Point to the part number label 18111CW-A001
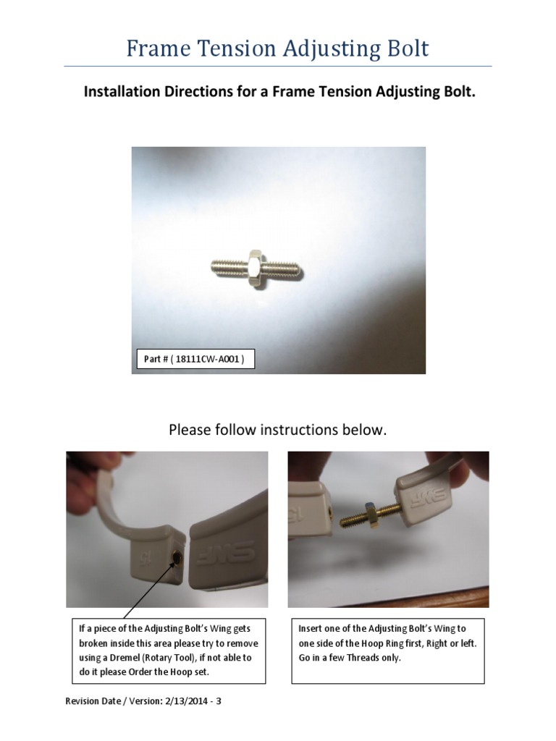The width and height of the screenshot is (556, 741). pyautogui.click(x=195, y=358)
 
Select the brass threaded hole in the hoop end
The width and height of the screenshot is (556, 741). pyautogui.click(x=177, y=556)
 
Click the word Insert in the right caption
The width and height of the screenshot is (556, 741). pyautogui.click(x=311, y=628)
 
